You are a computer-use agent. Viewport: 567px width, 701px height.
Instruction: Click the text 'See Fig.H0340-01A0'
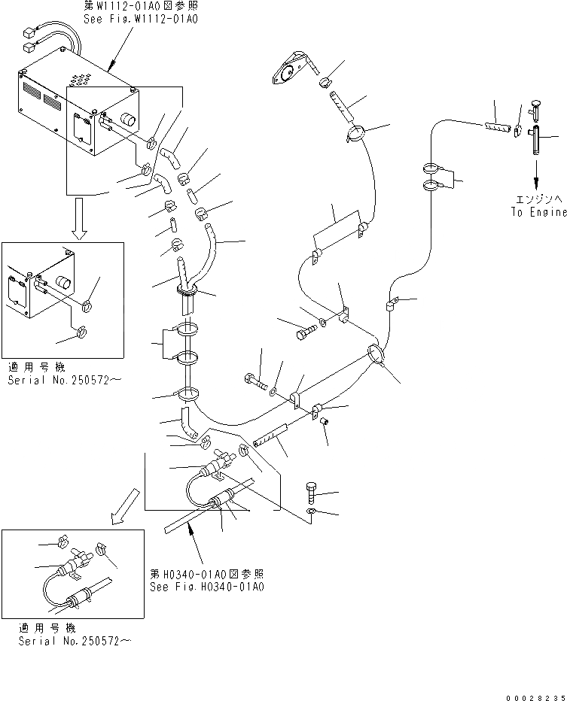[207, 587]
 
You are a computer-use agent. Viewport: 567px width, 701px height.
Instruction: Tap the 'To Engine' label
[537, 212]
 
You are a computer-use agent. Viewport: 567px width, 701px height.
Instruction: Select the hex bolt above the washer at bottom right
[314, 493]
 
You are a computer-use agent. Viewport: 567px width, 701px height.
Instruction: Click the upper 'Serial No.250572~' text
[63, 381]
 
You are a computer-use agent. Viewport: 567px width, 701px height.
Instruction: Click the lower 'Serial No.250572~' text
[74, 640]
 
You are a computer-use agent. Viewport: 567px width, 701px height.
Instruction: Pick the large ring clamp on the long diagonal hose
[377, 354]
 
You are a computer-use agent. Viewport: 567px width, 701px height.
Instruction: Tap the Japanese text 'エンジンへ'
[537, 200]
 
